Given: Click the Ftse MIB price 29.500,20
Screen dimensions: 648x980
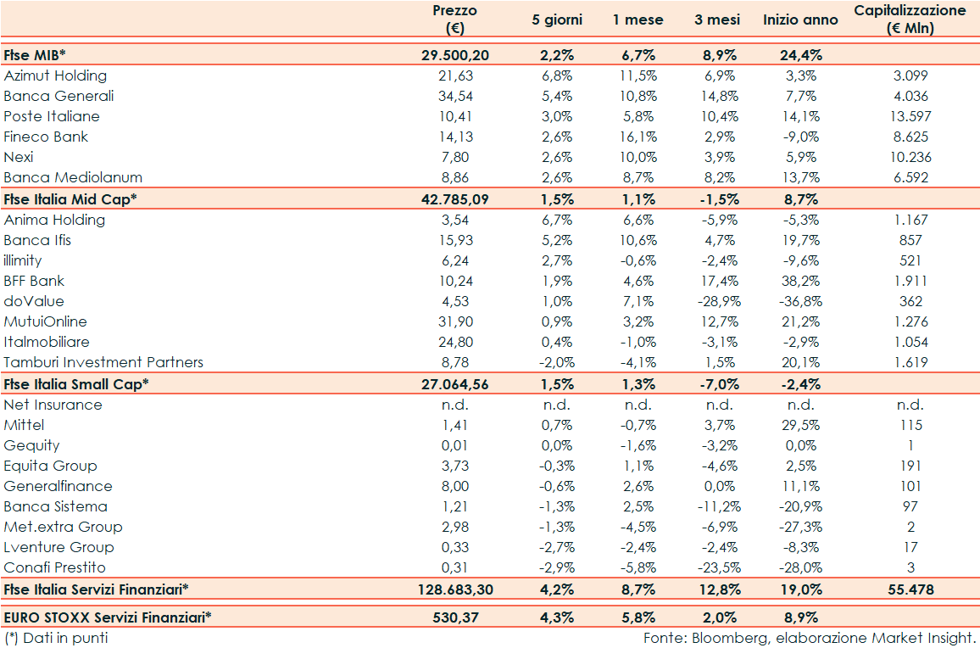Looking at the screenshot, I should [x=454, y=55].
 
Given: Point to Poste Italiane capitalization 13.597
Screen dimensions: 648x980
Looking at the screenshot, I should [x=910, y=116].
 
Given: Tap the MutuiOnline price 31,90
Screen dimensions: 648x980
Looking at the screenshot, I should [x=454, y=321].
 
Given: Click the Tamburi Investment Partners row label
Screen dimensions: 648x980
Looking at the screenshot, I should [x=103, y=362].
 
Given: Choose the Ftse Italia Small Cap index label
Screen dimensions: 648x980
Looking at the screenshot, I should [x=76, y=383].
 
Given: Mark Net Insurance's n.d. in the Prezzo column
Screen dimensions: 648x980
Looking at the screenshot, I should [x=454, y=405].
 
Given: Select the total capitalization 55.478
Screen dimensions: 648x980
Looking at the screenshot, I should [x=910, y=589].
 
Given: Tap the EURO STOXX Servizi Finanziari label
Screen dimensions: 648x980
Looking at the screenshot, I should [x=108, y=617].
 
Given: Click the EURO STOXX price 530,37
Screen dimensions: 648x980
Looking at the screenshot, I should [x=454, y=617].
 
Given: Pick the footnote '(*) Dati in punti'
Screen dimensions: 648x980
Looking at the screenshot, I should [x=56, y=637].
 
